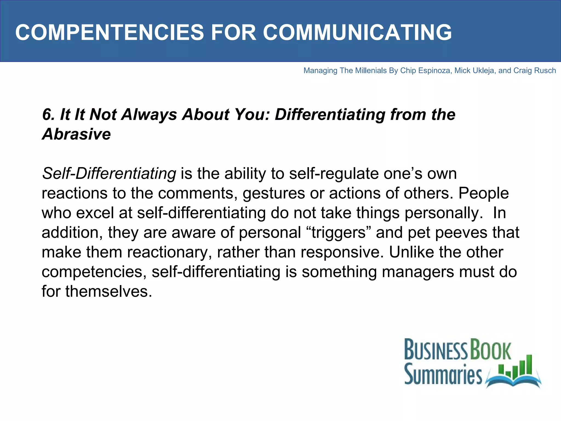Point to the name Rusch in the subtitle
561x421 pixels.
(545, 71)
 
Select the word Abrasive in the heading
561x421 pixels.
(76, 134)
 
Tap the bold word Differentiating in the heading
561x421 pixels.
(330, 115)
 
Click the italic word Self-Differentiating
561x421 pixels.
(109, 174)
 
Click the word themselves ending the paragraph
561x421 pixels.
(108, 291)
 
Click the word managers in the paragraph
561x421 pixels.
(418, 272)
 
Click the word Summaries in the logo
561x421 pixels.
(443, 374)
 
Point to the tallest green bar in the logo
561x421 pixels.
(529, 365)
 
